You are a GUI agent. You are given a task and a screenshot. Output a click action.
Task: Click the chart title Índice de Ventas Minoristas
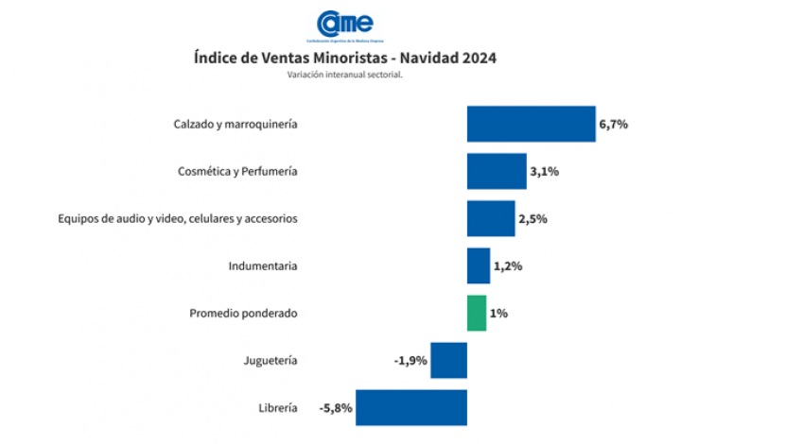pos(344,58)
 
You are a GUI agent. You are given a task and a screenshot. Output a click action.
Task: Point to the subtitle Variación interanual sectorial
pos(344,76)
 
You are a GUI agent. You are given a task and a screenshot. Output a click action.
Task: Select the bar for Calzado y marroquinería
pos(531,124)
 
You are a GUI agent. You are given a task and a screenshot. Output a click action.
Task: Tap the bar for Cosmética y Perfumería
pos(497,171)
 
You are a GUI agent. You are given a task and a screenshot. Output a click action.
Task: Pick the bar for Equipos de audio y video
pos(491,218)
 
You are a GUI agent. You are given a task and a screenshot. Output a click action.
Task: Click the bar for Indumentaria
pos(479,265)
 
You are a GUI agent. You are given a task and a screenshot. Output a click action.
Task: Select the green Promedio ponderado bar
pos(477,313)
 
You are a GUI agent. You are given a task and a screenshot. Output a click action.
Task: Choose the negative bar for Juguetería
pos(449,360)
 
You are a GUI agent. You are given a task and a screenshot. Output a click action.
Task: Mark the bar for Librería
pos(411,407)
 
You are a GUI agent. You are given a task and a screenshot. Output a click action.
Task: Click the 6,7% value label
pos(614,124)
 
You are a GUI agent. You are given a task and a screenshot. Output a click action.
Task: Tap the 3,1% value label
pos(545,171)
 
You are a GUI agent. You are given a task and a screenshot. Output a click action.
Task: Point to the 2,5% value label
pos(532,218)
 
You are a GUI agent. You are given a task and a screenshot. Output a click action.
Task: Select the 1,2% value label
pos(508,265)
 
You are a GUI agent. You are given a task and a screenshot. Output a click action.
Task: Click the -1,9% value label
pos(410,360)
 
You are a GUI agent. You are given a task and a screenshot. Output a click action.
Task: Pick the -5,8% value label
pos(335,407)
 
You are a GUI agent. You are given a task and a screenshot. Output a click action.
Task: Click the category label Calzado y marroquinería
pos(236,124)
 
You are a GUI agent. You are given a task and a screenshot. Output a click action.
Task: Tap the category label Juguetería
pos(271,360)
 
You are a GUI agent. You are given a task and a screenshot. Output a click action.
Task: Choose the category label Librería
pos(278,407)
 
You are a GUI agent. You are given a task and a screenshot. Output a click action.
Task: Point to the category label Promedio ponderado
pos(243,313)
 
